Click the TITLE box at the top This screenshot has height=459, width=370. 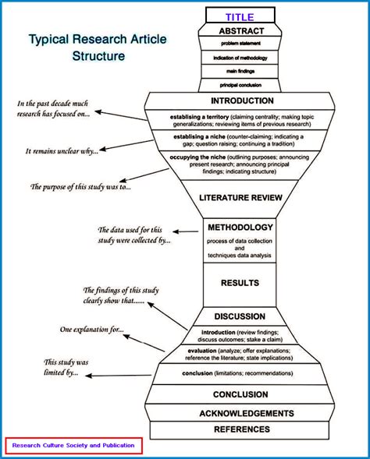point(240,16)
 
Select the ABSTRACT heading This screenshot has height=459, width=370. point(240,31)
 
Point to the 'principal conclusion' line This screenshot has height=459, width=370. point(240,85)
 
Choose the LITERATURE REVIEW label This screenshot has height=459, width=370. point(240,197)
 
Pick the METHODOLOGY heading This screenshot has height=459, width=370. point(240,228)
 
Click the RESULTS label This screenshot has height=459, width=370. point(240,283)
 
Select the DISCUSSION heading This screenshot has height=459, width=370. point(240,316)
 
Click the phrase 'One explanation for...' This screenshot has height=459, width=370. point(91,330)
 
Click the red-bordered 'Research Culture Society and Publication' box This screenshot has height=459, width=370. point(73,446)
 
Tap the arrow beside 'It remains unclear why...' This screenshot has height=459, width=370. point(126,147)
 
